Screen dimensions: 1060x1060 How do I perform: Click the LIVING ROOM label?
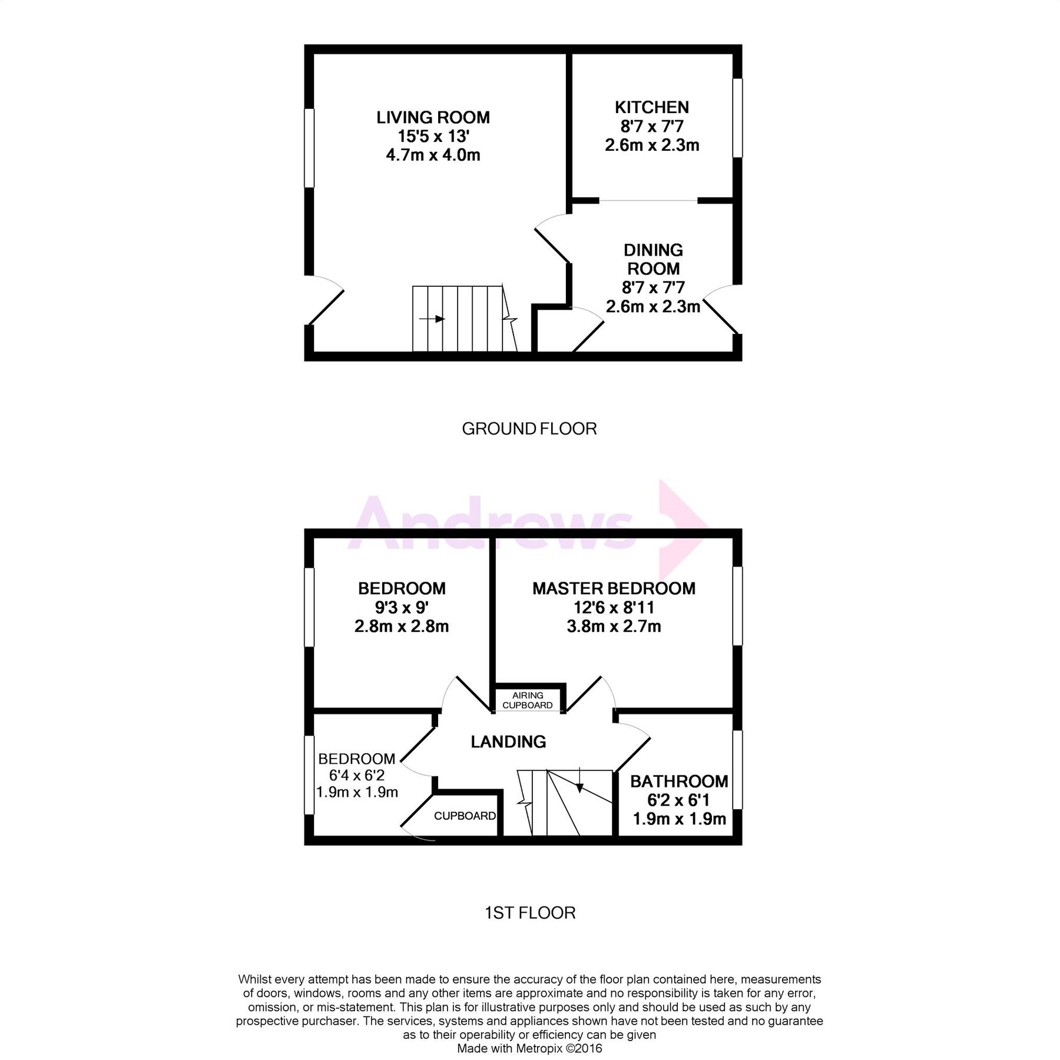pos(433,118)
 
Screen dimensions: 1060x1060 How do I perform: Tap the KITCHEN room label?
pos(652,107)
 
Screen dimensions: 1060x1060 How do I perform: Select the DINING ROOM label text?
pos(653,259)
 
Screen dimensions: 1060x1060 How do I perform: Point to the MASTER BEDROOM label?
pos(614,588)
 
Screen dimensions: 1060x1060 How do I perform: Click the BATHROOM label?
pos(679,781)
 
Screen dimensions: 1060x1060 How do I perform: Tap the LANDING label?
pos(508,741)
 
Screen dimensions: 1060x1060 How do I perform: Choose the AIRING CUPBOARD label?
pos(528,700)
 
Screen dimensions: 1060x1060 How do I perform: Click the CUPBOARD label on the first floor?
pos(465,816)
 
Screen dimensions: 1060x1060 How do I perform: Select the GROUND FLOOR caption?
pos(529,429)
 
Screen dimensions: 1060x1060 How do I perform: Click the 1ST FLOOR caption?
pos(529,913)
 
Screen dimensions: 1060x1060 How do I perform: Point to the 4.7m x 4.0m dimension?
pos(433,155)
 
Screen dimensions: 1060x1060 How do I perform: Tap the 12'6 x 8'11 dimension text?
pos(614,607)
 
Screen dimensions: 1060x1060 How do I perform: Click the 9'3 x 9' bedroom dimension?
pos(402,607)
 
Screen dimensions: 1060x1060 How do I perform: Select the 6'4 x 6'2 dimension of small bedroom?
pos(357,775)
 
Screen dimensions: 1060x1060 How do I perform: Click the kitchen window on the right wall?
pos(737,118)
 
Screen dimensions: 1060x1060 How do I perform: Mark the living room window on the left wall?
pos(309,147)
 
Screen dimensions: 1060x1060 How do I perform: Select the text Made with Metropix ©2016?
pos(529,1049)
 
